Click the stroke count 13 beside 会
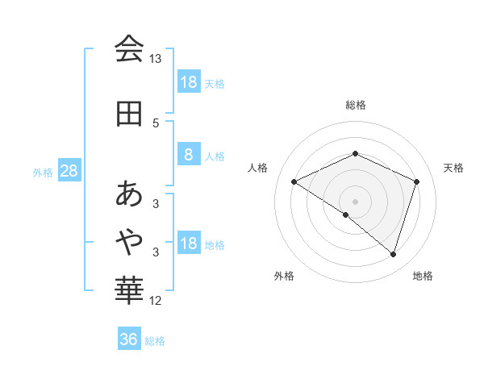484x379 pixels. [x=156, y=59]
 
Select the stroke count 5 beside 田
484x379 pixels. [x=156, y=123]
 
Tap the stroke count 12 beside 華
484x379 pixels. [x=156, y=301]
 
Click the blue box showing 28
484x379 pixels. [x=69, y=171]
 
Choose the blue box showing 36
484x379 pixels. [x=129, y=339]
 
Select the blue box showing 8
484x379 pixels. [x=188, y=155]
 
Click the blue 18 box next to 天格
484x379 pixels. [x=188, y=82]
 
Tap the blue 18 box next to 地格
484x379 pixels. [x=188, y=244]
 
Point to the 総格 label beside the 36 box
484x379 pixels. [x=155, y=341]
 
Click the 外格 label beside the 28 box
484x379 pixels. [x=42, y=173]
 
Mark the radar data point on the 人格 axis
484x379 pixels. [x=294, y=182]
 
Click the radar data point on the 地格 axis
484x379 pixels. [x=393, y=254]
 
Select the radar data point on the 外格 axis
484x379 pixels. [x=346, y=214]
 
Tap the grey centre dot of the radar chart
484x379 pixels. [x=355, y=201]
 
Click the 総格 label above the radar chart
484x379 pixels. [x=355, y=105]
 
